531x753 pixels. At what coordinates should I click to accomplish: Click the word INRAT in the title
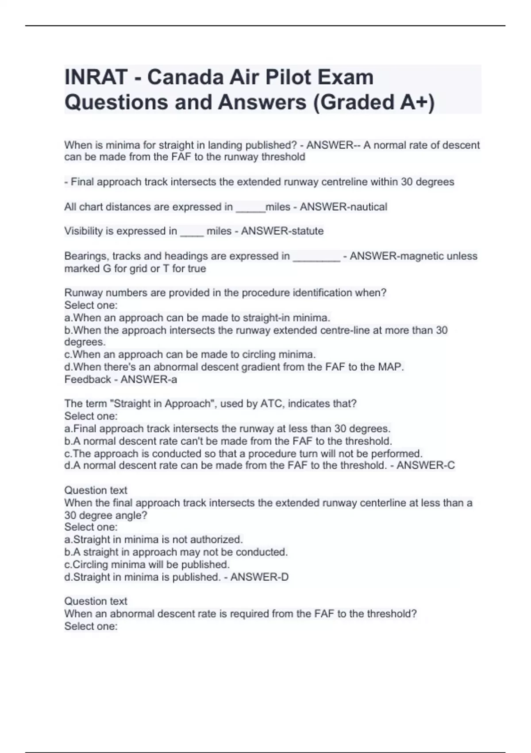(x=96, y=78)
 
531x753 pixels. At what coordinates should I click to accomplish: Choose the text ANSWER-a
(x=149, y=379)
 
